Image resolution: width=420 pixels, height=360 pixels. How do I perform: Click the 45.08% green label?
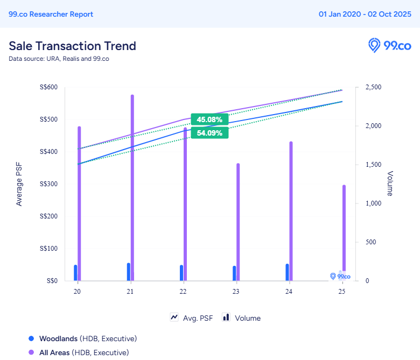[209, 119]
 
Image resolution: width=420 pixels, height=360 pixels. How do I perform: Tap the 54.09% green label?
[209, 133]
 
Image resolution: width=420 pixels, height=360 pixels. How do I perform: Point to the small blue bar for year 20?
[75, 272]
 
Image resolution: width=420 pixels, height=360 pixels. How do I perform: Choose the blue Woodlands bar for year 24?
[287, 272]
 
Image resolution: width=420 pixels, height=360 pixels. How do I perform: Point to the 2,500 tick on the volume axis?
[373, 87]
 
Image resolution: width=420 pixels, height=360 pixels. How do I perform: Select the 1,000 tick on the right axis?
[373, 203]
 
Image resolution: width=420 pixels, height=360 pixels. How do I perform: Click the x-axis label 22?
[183, 292]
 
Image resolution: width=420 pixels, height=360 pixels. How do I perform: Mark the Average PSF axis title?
[19, 184]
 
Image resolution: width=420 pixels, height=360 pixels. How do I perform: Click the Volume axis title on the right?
[390, 184]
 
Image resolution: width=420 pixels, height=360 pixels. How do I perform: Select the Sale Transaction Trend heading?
[72, 46]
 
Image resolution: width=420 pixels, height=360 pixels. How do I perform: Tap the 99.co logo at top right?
[389, 46]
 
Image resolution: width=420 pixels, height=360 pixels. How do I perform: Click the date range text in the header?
[365, 14]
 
